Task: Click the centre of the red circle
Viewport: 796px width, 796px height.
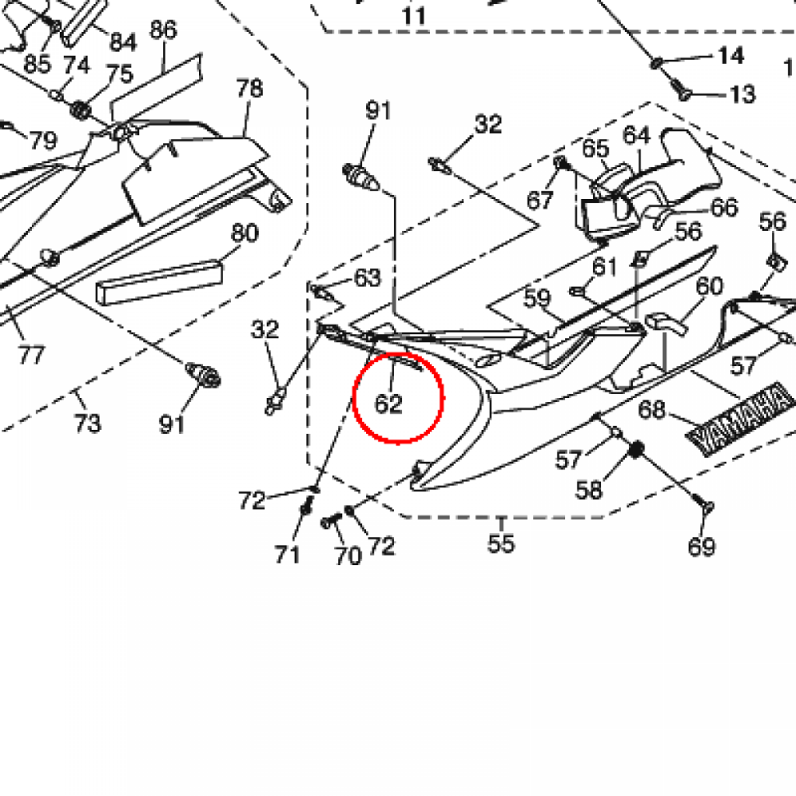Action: click(398, 398)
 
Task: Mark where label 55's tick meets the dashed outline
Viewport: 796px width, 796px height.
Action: click(501, 517)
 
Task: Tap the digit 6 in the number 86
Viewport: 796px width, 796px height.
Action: click(170, 30)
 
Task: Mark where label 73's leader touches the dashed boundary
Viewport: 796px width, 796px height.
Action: click(76, 391)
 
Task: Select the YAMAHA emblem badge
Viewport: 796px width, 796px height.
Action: click(740, 417)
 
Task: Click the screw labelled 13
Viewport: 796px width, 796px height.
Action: click(681, 90)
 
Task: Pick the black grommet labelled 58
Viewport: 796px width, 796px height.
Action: click(636, 449)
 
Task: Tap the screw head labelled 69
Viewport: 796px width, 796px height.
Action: click(706, 505)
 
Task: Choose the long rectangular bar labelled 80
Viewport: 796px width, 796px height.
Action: click(159, 282)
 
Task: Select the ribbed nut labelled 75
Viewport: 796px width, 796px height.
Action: click(80, 110)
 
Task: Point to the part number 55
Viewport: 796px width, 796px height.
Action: click(501, 542)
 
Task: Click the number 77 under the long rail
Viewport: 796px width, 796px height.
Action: click(31, 354)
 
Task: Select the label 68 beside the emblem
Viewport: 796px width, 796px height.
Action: click(652, 409)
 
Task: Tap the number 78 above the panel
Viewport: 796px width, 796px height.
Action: click(250, 89)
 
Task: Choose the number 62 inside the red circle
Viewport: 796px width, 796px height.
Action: click(389, 404)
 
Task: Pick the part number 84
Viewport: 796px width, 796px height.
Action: click(124, 42)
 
